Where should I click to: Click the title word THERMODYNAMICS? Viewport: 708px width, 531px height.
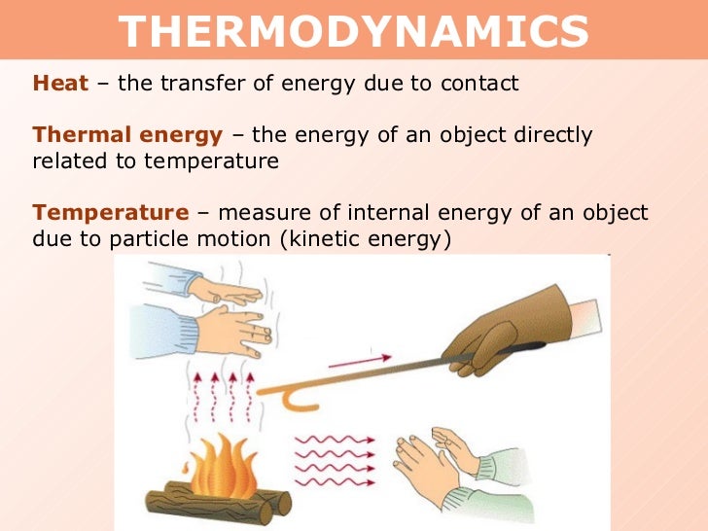point(354,32)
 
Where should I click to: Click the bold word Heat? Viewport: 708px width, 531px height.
point(60,84)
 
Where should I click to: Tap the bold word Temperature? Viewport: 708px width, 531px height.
point(110,212)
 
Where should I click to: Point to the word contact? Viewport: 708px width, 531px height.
point(479,84)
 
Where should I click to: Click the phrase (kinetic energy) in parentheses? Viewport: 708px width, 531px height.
point(366,238)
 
